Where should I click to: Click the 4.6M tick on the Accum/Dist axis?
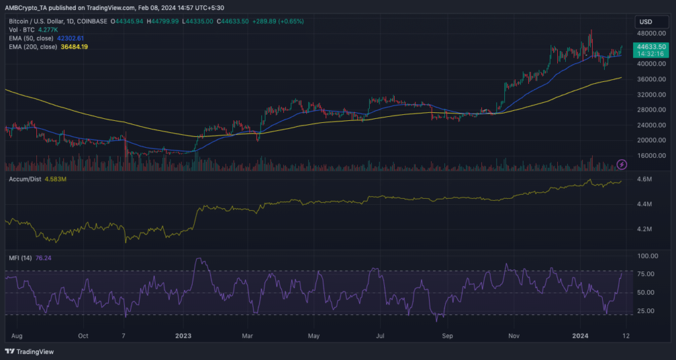click(x=644, y=180)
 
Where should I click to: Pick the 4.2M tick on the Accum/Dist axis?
click(x=644, y=229)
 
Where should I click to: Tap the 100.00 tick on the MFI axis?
click(x=643, y=256)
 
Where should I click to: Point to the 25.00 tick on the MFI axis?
click(x=642, y=310)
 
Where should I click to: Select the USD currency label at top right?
click(x=646, y=20)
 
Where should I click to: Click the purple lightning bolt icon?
click(x=621, y=164)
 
